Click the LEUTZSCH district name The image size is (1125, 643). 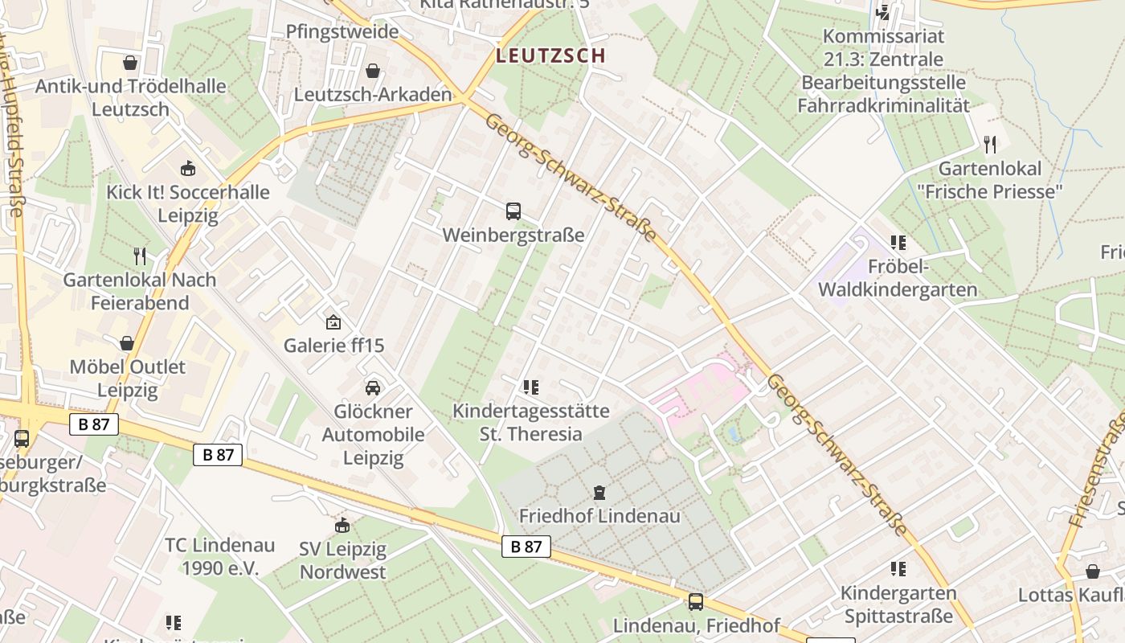[x=550, y=55]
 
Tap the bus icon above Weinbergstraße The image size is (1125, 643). [x=513, y=211]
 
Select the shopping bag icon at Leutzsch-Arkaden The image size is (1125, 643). [x=372, y=71]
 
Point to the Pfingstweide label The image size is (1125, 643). [x=342, y=31]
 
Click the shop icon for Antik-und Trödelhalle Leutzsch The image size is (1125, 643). [x=130, y=62]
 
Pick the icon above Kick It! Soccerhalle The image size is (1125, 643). [x=188, y=168]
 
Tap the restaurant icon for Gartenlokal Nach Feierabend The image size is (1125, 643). [x=141, y=256]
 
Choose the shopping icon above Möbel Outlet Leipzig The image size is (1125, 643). [x=127, y=343]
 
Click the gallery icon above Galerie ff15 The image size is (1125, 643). [x=333, y=322]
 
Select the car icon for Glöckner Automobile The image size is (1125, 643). [x=373, y=387]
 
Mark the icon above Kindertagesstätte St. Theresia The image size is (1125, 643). [x=530, y=387]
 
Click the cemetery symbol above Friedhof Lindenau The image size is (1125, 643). [x=599, y=492]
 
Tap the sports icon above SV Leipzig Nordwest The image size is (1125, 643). [x=343, y=526]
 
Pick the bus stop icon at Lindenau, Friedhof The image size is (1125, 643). [x=696, y=601]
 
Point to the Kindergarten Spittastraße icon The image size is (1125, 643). [x=898, y=569]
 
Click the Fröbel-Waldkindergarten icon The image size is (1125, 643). [x=898, y=242]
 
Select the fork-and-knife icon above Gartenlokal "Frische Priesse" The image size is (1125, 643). [x=990, y=145]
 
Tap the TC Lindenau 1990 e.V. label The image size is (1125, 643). [x=219, y=556]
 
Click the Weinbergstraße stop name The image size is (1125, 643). [x=513, y=235]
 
